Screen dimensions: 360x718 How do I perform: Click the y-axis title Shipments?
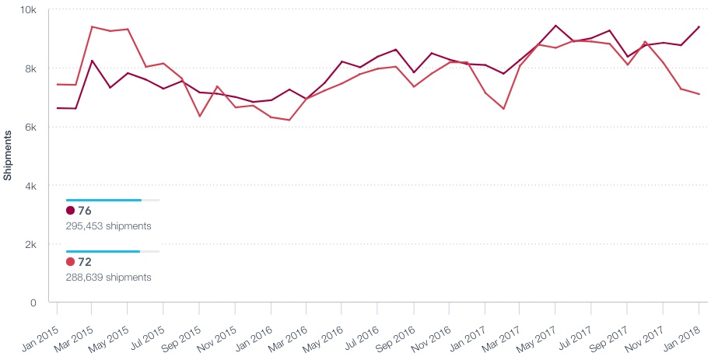pyautogui.click(x=8, y=156)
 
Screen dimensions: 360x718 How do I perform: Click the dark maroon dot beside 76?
pyautogui.click(x=71, y=211)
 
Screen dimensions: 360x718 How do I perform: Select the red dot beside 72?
pyautogui.click(x=71, y=262)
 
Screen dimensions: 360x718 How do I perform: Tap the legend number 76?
pyautogui.click(x=85, y=211)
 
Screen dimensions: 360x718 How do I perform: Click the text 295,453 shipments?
pyautogui.click(x=109, y=226)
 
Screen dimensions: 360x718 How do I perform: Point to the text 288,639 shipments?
pyautogui.click(x=109, y=277)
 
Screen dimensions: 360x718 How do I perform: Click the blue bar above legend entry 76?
pyautogui.click(x=103, y=200)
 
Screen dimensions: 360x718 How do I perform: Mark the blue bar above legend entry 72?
pyautogui.click(x=103, y=251)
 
